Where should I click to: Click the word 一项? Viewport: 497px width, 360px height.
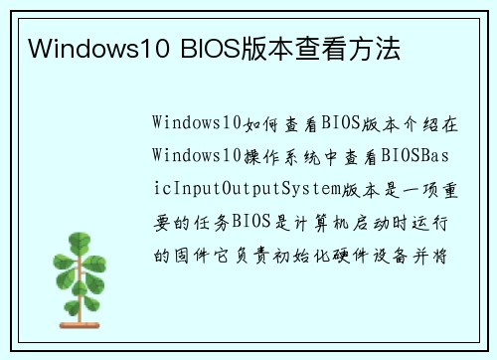tap(416, 189)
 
